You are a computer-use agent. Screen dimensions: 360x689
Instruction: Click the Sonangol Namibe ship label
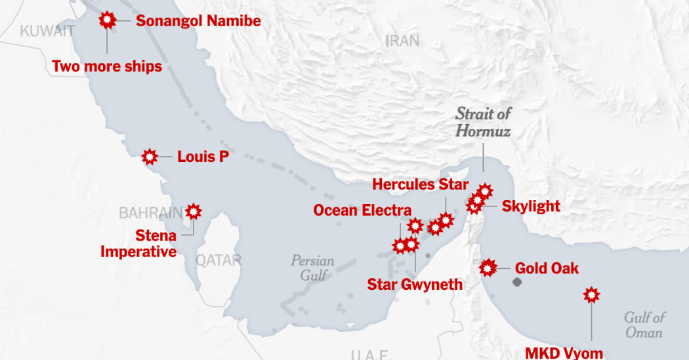(x=198, y=21)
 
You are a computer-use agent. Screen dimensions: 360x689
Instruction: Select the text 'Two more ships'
(x=107, y=66)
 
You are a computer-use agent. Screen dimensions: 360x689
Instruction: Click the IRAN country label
(x=402, y=41)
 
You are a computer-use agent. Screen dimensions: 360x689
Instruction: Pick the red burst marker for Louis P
(x=150, y=157)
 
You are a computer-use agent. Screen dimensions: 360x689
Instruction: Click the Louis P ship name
(x=203, y=157)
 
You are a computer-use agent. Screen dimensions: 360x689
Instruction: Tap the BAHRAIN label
(x=150, y=212)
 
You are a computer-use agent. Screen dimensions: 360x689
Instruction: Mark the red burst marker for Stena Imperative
(x=194, y=211)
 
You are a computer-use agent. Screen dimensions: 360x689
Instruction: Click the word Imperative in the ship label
(x=138, y=251)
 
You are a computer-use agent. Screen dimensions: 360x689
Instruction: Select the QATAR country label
(x=219, y=260)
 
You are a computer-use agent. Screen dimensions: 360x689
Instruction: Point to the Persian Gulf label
(x=312, y=268)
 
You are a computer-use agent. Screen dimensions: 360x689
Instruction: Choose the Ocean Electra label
(x=362, y=210)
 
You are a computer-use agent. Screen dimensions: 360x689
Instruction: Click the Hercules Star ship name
(x=421, y=184)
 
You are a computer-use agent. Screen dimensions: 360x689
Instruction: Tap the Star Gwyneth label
(x=415, y=284)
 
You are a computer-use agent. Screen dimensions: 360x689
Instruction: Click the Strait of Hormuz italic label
(x=484, y=122)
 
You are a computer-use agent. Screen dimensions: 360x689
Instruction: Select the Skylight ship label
(x=531, y=206)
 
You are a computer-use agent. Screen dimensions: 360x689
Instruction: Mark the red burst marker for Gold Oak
(x=488, y=268)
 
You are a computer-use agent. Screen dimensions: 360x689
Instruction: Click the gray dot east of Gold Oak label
(x=517, y=282)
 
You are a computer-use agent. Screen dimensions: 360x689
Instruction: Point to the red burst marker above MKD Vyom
(x=592, y=295)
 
